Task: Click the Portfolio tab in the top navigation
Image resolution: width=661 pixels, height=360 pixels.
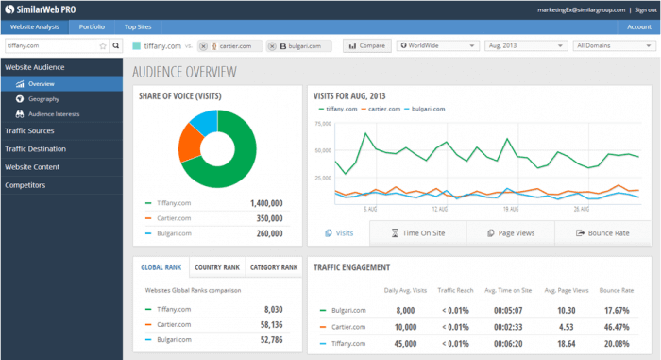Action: (93, 28)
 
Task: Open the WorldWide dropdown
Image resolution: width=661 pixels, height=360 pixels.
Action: (438, 45)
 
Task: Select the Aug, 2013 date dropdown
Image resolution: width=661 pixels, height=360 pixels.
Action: (524, 45)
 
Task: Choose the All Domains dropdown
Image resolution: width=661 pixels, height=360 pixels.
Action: (612, 45)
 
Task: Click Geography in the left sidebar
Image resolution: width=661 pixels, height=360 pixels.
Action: (44, 98)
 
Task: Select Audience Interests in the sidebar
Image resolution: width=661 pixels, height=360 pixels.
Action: (54, 113)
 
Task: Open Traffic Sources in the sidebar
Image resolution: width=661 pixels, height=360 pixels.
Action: (29, 130)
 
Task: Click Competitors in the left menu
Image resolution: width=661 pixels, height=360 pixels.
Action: (25, 185)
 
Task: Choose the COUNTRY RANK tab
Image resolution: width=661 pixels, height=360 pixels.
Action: (217, 267)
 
